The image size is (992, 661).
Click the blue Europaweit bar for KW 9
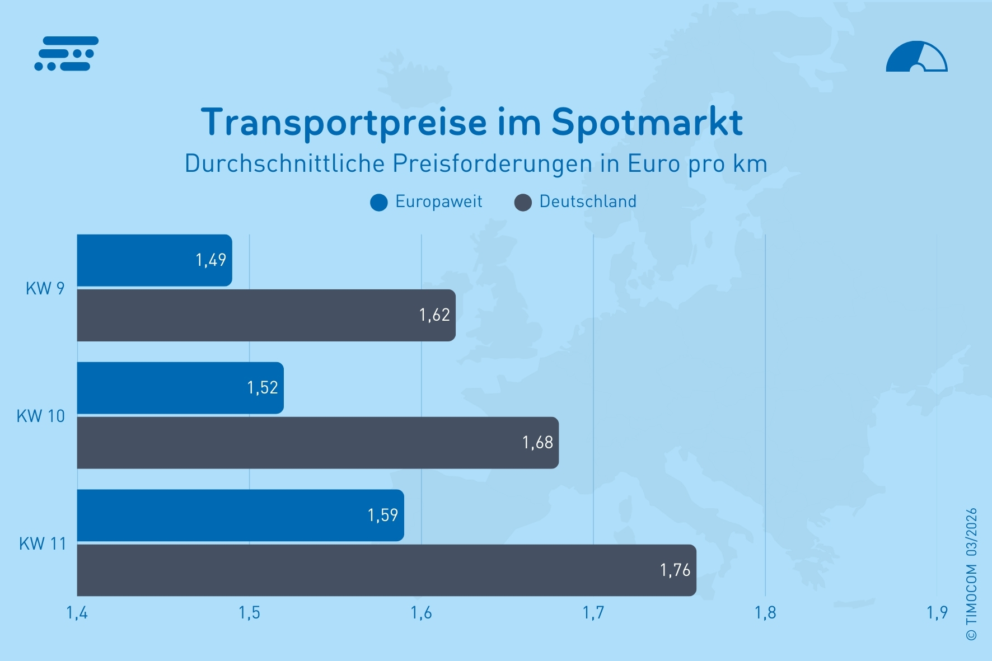coord(154,260)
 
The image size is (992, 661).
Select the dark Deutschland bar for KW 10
coord(317,443)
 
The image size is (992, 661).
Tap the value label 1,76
coord(675,570)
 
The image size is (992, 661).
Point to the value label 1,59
coord(382,515)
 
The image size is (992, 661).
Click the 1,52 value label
coord(262,388)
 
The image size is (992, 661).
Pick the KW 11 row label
coord(43,543)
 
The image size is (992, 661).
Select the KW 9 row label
coord(45,288)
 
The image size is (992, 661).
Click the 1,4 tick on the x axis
coord(77,613)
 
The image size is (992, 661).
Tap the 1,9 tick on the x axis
coord(937,613)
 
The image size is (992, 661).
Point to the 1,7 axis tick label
coord(593,613)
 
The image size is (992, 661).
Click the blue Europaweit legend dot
coord(379,203)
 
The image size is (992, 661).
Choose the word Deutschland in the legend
coord(588,201)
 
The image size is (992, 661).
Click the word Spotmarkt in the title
coord(647,122)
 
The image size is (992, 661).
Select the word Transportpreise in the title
coord(344,122)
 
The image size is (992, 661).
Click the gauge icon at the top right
coord(916,57)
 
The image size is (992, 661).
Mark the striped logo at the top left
coord(67,54)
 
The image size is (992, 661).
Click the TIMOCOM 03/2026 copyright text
coord(971,574)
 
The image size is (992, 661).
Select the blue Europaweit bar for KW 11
coord(240,515)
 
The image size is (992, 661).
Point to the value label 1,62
coord(434,315)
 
